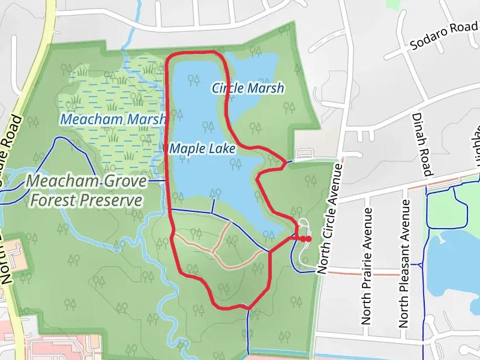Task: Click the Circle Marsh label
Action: (x=248, y=88)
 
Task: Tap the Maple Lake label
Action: (x=202, y=148)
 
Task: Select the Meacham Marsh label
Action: (x=113, y=119)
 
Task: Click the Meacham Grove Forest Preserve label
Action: (x=83, y=190)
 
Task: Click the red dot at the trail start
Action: (x=307, y=239)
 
